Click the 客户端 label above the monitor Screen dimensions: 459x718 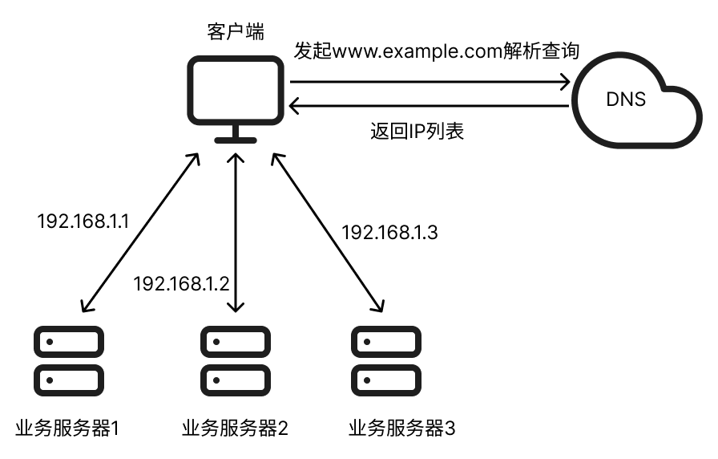[x=235, y=33]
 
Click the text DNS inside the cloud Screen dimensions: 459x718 [x=626, y=102]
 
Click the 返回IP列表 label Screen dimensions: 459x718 [x=417, y=131]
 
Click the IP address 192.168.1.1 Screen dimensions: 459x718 [x=83, y=220]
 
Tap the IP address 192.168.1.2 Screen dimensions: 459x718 [x=181, y=283]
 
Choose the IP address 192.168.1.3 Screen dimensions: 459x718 [x=390, y=233]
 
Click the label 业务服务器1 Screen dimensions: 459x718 [x=67, y=428]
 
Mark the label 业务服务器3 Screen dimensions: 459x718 [x=402, y=428]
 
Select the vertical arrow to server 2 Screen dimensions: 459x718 [x=235, y=233]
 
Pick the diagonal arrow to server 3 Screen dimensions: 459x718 [x=325, y=233]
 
